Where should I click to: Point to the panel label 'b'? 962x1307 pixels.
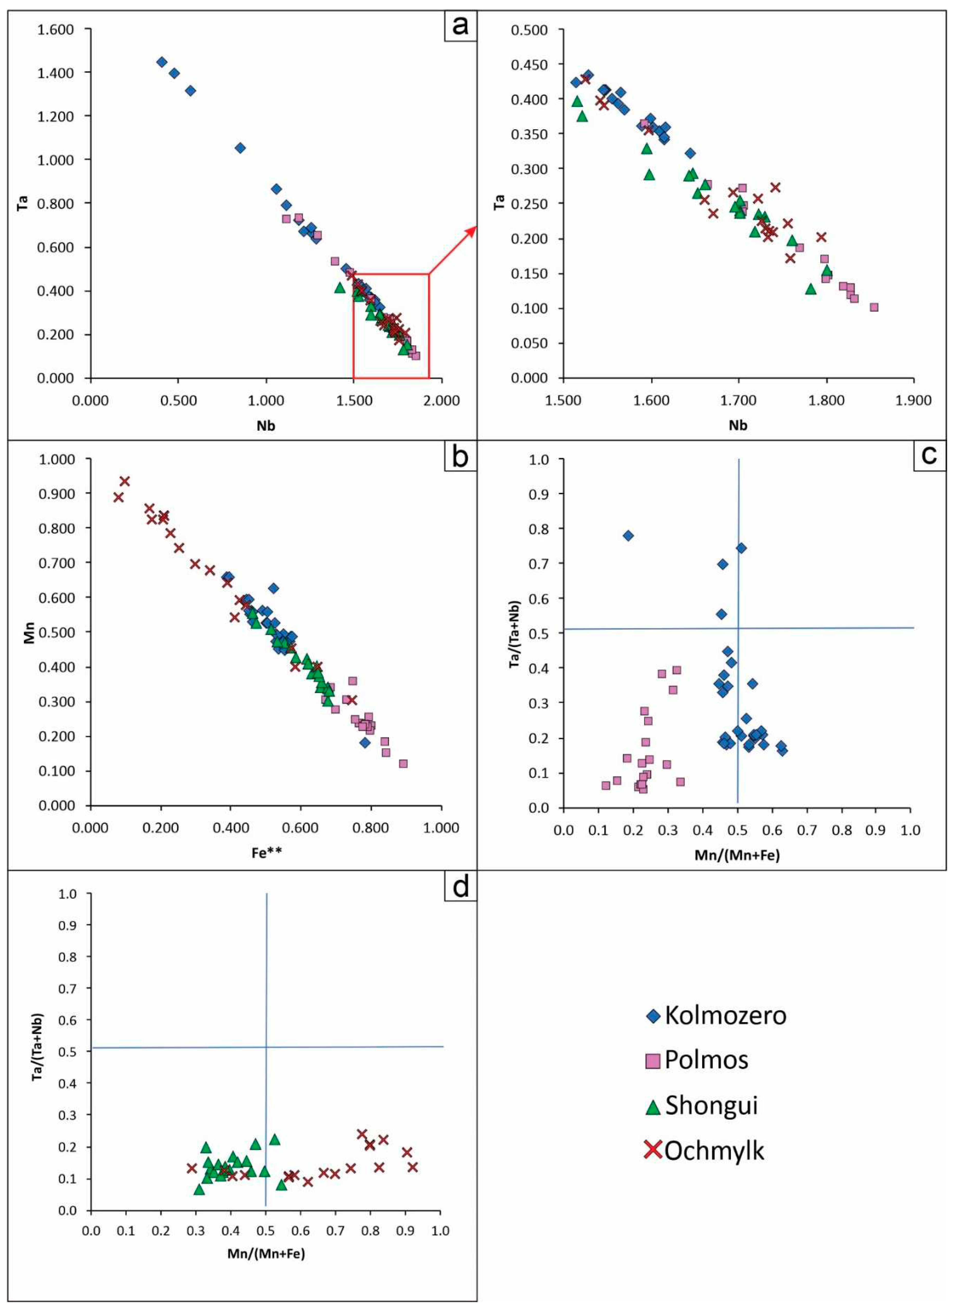460,456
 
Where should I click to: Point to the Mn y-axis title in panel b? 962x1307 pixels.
29,633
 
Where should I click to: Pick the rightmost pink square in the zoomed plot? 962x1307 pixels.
873,307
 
